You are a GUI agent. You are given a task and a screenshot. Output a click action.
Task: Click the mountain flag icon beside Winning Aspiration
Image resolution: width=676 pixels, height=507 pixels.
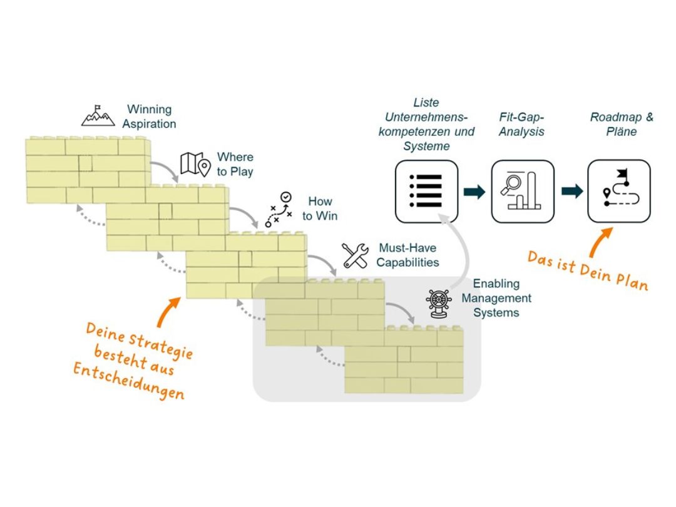[98, 115]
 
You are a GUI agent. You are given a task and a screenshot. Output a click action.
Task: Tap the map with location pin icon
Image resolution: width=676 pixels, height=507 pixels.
[195, 163]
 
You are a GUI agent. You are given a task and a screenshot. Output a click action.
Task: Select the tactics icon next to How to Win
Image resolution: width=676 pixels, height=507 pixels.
[279, 209]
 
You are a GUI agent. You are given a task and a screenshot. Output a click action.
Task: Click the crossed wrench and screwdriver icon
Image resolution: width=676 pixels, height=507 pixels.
[355, 255]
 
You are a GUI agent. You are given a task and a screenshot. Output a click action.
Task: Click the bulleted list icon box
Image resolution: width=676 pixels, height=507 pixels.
[426, 192]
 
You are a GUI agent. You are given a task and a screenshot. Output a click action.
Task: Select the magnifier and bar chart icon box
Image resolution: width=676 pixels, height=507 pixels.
[523, 192]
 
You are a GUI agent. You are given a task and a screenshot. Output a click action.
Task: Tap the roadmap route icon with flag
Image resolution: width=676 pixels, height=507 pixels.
[619, 192]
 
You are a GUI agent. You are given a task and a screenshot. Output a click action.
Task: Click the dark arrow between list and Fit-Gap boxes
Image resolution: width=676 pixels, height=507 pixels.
[474, 192]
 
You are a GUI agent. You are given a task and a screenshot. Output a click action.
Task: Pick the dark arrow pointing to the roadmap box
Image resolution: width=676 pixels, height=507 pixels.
[571, 192]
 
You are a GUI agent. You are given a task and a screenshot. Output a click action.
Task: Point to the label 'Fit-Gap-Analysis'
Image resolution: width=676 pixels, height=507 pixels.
[522, 125]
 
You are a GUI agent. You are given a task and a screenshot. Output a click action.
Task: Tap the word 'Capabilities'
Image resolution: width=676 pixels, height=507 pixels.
[407, 262]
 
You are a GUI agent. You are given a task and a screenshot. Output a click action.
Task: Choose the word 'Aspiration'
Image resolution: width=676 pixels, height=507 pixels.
[149, 123]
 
